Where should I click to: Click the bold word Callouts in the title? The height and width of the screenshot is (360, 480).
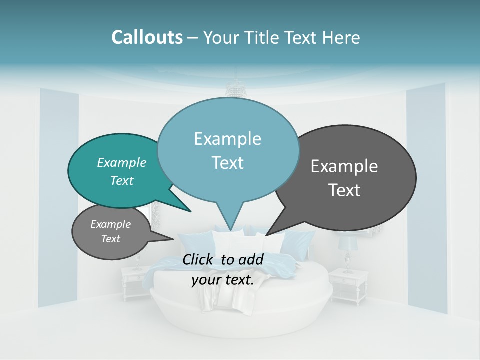[x=147, y=37]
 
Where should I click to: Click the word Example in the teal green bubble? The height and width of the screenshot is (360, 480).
[x=121, y=163]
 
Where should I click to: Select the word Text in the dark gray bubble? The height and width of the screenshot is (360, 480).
[x=344, y=190]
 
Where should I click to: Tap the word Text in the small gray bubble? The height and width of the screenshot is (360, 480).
[x=110, y=239]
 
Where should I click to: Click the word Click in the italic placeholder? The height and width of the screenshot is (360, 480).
[x=199, y=259]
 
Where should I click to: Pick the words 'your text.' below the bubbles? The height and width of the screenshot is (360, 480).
[x=223, y=280]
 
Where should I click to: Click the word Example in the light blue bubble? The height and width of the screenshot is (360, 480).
[x=227, y=139]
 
